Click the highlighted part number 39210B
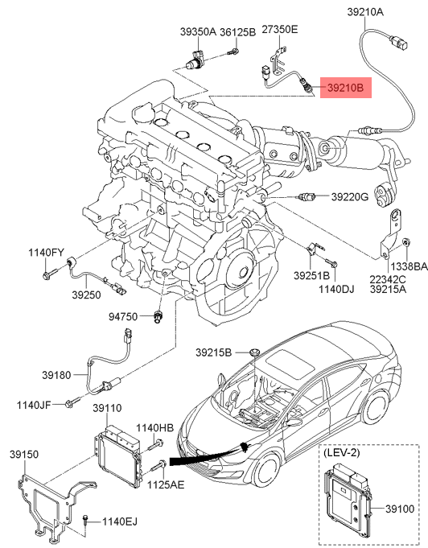click(346, 88)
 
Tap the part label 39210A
click(365, 12)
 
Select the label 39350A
click(198, 32)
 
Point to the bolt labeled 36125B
click(233, 52)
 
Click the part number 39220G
click(350, 197)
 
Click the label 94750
click(123, 316)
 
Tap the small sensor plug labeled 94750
click(158, 316)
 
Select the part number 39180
click(56, 375)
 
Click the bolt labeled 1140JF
click(72, 402)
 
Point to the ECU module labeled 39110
click(117, 455)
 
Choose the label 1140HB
click(154, 428)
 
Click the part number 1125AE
click(166, 484)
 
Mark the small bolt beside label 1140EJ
click(85, 521)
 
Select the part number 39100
click(400, 509)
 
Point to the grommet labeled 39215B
click(254, 352)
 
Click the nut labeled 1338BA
click(406, 242)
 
